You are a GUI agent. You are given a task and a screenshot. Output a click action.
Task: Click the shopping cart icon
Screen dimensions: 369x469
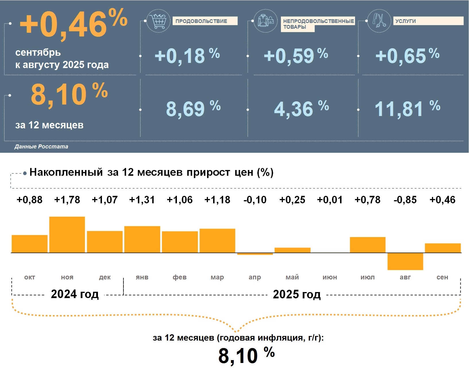click(x=158, y=21)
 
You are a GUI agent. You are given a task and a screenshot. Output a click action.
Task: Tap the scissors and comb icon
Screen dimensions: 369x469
click(x=379, y=21)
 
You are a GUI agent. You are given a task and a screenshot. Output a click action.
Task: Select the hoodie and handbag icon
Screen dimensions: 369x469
click(x=266, y=21)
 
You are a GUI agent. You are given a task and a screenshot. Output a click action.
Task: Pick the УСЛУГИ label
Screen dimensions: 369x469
click(x=405, y=21)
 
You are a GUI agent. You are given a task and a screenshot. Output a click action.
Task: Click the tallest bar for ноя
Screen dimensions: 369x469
click(x=67, y=235)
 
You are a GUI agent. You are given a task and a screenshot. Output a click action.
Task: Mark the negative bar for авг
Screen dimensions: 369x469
click(x=405, y=261)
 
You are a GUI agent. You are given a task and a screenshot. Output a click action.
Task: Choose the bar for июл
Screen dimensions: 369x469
click(x=368, y=245)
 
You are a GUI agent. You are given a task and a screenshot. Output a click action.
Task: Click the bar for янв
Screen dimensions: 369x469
click(x=142, y=239)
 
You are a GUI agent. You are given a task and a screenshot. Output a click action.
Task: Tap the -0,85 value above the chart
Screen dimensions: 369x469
click(x=405, y=200)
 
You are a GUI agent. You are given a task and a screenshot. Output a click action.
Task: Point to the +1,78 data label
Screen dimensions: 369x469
click(x=67, y=200)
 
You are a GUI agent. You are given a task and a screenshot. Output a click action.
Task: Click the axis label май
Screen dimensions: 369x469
click(x=292, y=277)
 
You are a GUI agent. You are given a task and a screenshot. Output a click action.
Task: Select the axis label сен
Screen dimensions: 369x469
click(x=442, y=277)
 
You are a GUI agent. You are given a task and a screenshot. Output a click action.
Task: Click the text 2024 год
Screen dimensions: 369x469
click(x=75, y=294)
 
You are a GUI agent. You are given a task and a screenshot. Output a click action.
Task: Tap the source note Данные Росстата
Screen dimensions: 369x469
click(x=41, y=147)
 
